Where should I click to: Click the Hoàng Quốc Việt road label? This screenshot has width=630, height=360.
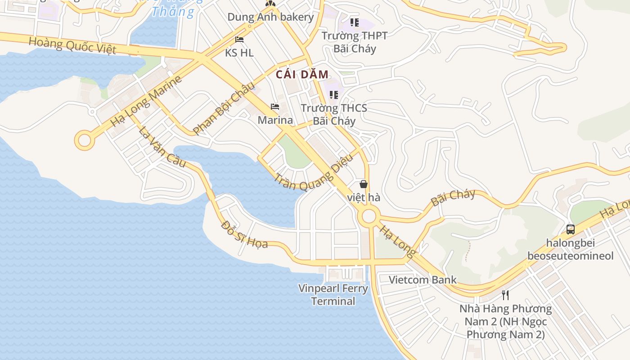point(72,45)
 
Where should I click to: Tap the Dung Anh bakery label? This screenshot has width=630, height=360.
point(270,17)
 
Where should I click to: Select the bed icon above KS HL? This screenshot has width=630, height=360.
point(239,40)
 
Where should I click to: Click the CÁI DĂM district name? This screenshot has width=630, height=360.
point(302,75)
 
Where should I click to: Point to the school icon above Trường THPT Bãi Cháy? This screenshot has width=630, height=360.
point(355,22)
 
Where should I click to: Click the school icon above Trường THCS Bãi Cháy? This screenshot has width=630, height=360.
point(334,94)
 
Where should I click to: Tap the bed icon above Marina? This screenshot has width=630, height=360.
point(275,107)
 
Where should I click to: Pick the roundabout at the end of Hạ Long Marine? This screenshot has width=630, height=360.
point(84,140)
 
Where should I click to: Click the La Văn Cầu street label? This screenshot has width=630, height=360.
point(162,147)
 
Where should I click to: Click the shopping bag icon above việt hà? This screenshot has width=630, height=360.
point(364,184)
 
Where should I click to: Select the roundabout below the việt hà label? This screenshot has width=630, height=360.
point(369,216)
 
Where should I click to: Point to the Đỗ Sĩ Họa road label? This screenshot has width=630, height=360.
point(244,234)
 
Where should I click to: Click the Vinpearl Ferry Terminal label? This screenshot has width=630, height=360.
point(333,294)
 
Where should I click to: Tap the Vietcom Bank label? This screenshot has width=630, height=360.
point(423,279)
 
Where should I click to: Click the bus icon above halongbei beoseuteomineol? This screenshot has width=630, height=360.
point(571,229)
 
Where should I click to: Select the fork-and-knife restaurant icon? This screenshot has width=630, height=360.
point(505,295)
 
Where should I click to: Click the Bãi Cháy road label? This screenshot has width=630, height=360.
point(453,198)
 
